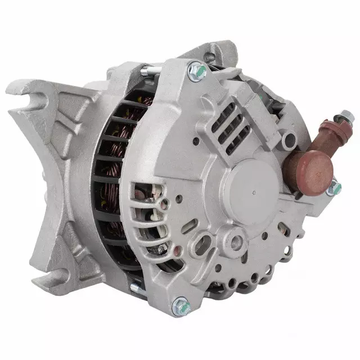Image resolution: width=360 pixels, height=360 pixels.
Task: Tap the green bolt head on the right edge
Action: pos(335,188)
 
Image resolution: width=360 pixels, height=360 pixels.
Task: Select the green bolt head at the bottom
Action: pos(180,305)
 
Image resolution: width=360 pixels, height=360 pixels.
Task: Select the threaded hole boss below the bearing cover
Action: pos(231,242)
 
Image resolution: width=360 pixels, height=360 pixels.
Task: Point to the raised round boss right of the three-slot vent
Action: pos(289,137)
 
